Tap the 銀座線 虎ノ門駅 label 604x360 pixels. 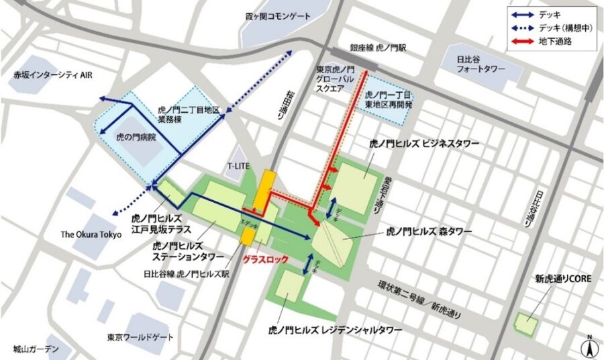click(x=378, y=49)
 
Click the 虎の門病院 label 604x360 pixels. click(x=136, y=136)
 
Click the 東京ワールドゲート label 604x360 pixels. click(x=140, y=336)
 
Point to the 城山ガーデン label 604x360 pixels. click(x=36, y=349)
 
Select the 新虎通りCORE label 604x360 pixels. click(x=562, y=279)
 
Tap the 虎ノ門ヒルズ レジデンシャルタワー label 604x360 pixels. click(x=335, y=330)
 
